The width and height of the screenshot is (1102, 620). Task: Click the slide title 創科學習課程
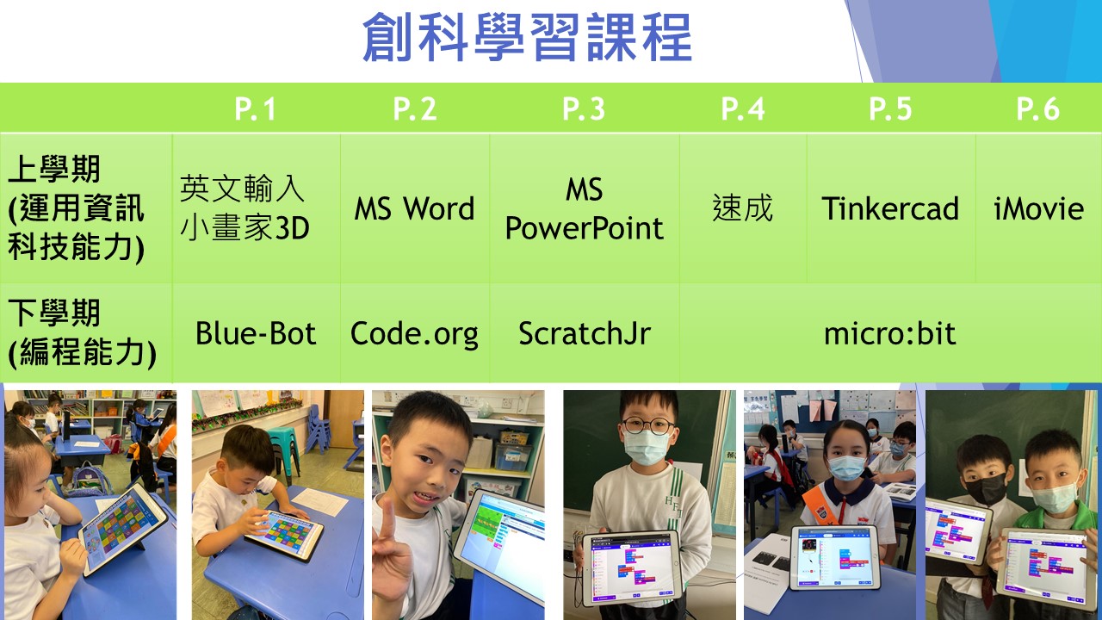527,37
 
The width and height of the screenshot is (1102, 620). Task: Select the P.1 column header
255,108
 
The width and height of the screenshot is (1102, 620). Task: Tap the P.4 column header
743,108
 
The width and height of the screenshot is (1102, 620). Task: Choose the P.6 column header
1038,108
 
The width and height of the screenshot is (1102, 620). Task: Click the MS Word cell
414,208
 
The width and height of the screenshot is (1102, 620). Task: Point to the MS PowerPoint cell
585,208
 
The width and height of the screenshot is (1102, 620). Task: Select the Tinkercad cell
890,208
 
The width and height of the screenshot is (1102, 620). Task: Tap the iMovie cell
1038,208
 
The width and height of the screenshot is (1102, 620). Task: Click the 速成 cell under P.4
743,208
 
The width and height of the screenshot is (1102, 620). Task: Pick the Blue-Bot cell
256,333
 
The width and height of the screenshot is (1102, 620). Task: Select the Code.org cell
414,334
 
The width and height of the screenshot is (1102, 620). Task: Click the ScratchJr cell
585,333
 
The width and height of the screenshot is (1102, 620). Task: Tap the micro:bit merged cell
890,333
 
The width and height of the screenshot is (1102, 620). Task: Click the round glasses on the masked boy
648,425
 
